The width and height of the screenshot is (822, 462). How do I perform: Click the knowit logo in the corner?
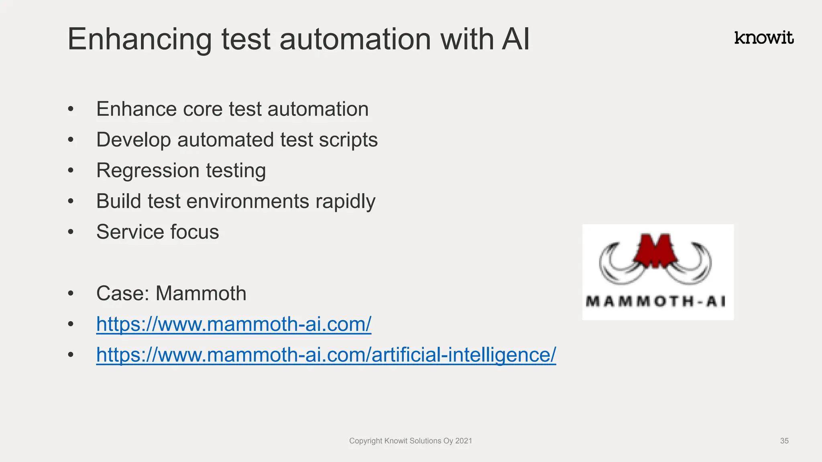pos(763,38)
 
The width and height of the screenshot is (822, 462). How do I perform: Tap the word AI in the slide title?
pos(515,39)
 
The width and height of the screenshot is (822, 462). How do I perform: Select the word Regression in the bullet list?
pos(148,170)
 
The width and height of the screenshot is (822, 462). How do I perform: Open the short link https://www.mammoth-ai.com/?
pos(234,324)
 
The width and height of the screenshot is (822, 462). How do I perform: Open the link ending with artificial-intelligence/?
pos(326,355)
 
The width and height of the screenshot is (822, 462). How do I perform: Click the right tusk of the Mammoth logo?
pos(697,265)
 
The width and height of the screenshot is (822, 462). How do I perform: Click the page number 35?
pos(784,441)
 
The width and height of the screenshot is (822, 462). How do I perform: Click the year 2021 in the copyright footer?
pos(464,441)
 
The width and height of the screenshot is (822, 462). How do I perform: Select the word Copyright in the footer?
pos(365,441)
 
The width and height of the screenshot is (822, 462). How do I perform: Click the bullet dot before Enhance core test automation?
pos(71,109)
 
